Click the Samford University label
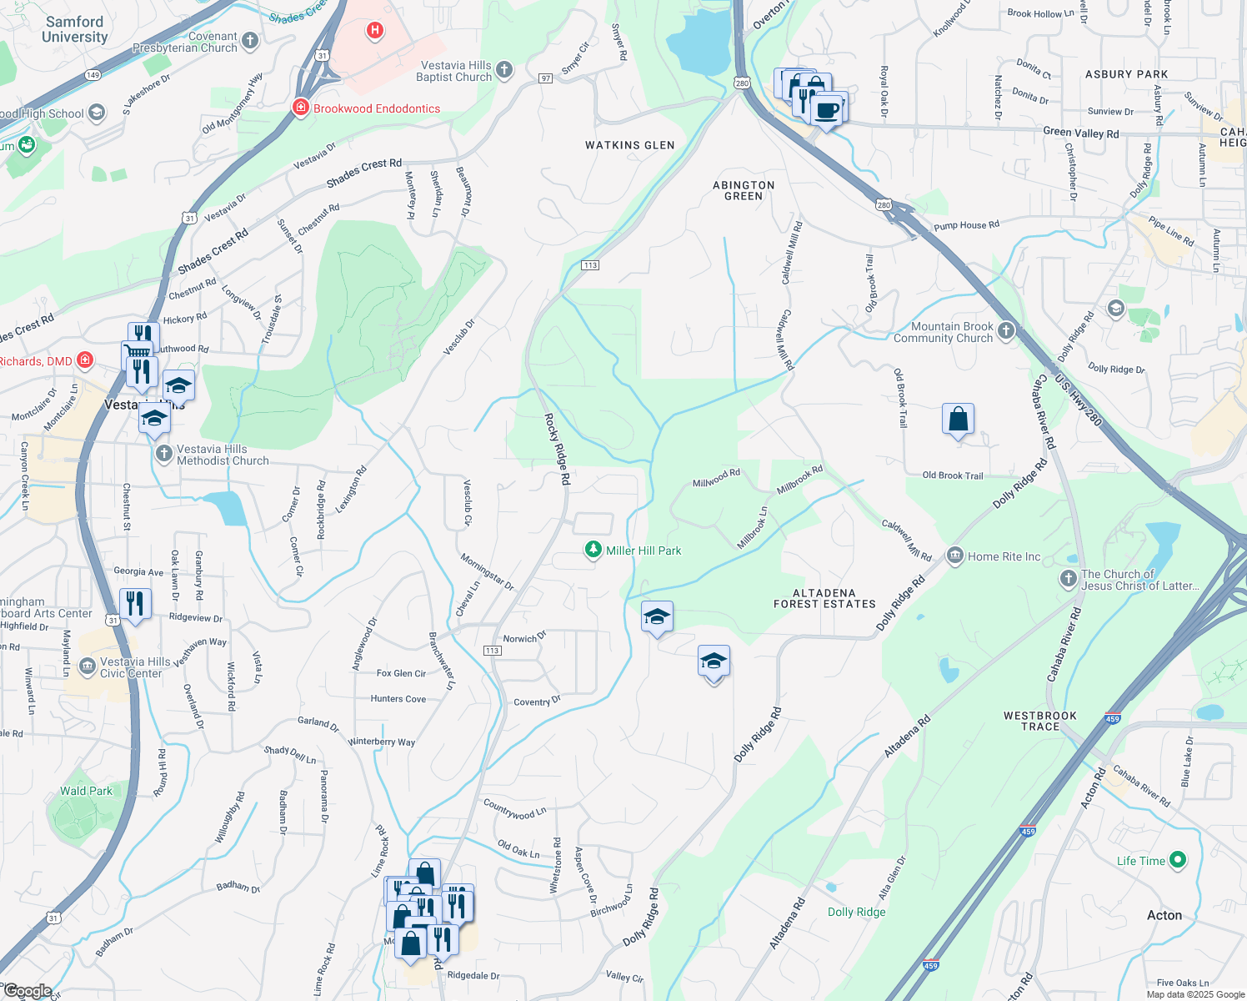(74, 29)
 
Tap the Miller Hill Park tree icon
(593, 550)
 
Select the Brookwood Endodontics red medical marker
(300, 108)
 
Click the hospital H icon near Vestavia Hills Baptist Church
(375, 32)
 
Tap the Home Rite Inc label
(1004, 556)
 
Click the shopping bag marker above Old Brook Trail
(958, 419)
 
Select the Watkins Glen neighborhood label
(629, 145)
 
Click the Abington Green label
(744, 190)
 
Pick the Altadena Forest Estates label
(824, 598)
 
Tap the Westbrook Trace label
(1040, 721)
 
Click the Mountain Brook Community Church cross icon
(1006, 331)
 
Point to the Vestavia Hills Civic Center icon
(87, 666)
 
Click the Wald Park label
(86, 791)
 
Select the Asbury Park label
(1126, 74)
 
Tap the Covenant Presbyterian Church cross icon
(249, 40)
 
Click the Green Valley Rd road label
(1080, 133)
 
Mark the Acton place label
(1164, 915)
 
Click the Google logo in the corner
(27, 991)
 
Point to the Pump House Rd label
(966, 225)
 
